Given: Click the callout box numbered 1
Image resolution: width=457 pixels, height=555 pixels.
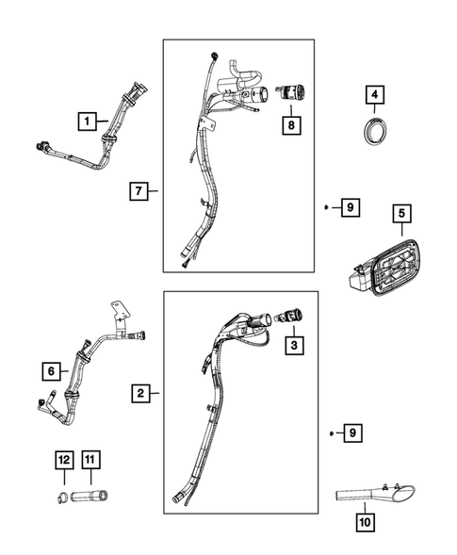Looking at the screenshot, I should [x=86, y=121].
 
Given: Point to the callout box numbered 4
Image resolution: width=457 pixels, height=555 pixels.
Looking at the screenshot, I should [x=374, y=95].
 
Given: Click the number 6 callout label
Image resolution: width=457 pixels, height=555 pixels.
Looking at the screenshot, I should [x=54, y=370].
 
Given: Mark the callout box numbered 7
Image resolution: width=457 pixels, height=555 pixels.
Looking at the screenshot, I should [x=139, y=192].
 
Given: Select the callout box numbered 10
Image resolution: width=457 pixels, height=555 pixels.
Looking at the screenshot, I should [x=364, y=519].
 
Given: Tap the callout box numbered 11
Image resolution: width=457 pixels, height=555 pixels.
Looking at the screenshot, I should [x=90, y=459].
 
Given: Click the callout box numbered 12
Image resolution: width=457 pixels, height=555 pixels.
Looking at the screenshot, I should [x=64, y=459].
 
